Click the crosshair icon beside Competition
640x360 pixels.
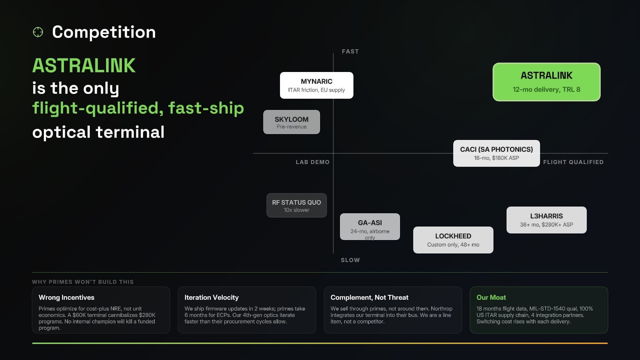pos(38,32)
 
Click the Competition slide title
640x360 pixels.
pos(104,32)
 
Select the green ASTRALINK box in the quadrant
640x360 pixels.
pos(546,82)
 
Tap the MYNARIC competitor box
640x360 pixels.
pos(316,85)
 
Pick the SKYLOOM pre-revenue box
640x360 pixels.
pos(292,122)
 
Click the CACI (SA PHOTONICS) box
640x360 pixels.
pos(496,153)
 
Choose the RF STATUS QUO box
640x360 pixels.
pos(296,206)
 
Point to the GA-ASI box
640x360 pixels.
pos(370,227)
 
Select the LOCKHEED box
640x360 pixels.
pos(453,240)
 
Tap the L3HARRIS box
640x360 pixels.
pos(546,220)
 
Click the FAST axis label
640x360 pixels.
pos(350,52)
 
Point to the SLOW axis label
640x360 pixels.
pos(350,260)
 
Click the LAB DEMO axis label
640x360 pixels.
pos(312,162)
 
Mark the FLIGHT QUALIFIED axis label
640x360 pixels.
pos(573,162)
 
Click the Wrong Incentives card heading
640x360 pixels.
pos(66,298)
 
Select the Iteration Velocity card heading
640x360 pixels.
pos(212,298)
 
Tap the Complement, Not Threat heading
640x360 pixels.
pos(369,298)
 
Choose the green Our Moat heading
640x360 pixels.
pos(491,298)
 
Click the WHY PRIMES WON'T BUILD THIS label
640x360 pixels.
pos(83,282)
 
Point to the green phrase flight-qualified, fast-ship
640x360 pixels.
pos(138,108)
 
